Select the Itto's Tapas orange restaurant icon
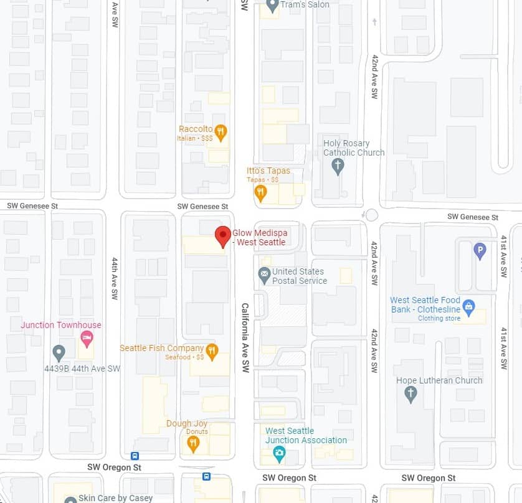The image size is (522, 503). coord(261,192)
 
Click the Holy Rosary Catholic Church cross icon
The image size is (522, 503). coord(338,166)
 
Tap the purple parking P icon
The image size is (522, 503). coord(480,251)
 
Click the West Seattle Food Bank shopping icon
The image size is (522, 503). coord(469,307)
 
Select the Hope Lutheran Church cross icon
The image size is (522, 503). coord(410,393)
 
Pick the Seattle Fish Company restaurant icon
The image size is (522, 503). coord(212,352)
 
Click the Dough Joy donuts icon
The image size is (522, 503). coord(193,444)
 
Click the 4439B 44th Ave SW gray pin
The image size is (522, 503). coord(59,353)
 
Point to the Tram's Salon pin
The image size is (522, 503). coord(272,6)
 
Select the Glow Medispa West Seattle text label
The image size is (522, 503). coord(259,237)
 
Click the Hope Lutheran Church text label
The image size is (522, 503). coord(439,380)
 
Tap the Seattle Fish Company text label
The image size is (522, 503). coord(162,348)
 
